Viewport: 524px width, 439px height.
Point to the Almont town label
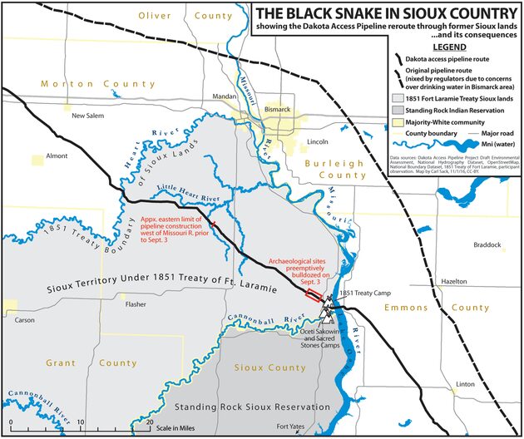click(x=57, y=155)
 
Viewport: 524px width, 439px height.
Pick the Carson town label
click(x=24, y=319)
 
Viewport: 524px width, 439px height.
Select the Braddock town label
click(x=487, y=245)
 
